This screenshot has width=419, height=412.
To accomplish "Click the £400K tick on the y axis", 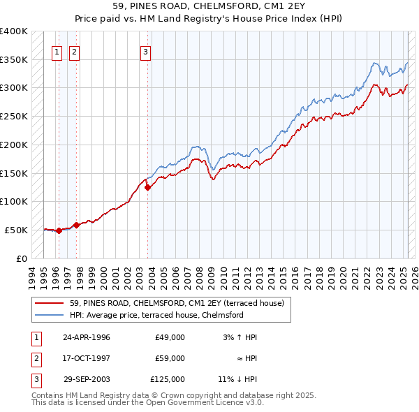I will [14, 31].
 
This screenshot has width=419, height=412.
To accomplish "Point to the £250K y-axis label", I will [14, 116].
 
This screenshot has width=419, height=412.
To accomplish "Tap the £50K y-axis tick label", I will [17, 230].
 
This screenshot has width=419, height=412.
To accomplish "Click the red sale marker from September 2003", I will [147, 187].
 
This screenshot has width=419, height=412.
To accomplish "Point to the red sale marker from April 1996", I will [59, 230].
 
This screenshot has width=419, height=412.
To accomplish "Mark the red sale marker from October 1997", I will [77, 225].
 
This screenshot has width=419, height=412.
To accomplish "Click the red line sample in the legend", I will [50, 304].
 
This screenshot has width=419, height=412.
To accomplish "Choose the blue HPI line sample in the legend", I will [50, 315].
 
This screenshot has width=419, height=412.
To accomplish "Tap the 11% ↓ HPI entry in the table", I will [237, 380].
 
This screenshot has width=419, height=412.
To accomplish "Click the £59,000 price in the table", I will [170, 358].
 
